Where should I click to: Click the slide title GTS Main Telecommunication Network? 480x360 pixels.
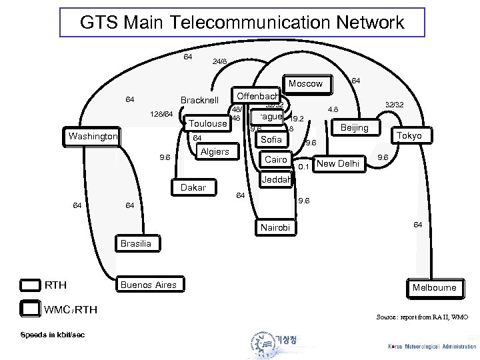(241, 23)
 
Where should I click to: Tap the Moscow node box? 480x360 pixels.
(305, 84)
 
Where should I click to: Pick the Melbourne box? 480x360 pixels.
(434, 287)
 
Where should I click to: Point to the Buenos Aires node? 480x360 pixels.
(148, 285)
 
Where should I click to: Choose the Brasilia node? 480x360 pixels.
(135, 244)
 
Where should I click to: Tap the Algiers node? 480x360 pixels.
(215, 151)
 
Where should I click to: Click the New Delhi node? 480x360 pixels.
(338, 163)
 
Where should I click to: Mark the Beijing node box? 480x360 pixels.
(355, 127)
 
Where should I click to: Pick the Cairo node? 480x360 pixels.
(275, 159)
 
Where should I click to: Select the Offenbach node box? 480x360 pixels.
(257, 96)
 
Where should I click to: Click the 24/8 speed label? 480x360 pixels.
(219, 61)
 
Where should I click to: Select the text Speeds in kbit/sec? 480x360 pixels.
(51, 334)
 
